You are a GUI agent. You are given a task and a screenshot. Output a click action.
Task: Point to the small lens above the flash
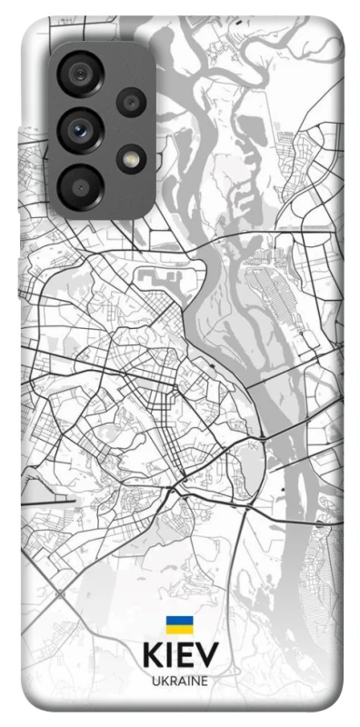click(131, 102)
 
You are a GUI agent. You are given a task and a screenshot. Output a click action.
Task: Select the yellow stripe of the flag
click(178, 630)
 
